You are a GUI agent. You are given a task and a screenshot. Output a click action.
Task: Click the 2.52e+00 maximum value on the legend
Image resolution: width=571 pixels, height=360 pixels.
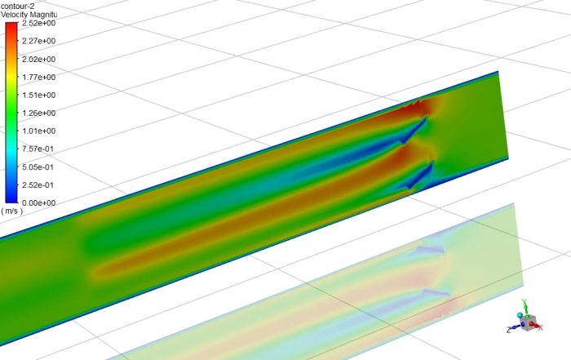[38, 24]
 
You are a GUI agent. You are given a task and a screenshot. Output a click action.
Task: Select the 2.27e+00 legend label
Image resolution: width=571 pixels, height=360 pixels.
[38, 42]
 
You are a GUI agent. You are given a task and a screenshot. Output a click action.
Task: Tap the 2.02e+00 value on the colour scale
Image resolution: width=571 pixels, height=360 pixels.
[38, 60]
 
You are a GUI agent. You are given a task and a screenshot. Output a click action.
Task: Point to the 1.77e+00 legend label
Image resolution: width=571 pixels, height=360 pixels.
[38, 78]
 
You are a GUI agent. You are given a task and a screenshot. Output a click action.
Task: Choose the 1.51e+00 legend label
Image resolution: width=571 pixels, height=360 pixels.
[38, 96]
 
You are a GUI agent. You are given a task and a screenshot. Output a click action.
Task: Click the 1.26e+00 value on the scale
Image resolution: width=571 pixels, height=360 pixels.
[38, 113]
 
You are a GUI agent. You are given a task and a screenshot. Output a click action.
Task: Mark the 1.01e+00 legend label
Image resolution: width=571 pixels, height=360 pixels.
[38, 131]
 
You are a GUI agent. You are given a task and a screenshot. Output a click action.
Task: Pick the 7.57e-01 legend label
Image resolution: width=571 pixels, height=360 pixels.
[38, 149]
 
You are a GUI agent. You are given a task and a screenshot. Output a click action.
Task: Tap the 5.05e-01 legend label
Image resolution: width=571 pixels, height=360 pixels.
[38, 167]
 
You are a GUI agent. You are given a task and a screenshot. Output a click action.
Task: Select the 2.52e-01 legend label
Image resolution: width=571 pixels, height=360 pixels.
[38, 185]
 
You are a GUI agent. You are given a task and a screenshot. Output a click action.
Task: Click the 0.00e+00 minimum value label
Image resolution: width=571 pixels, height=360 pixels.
[38, 202]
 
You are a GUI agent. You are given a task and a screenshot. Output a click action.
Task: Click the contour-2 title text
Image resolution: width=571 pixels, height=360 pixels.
[18, 6]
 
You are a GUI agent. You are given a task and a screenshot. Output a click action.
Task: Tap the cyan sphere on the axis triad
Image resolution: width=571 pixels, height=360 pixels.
[520, 314]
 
